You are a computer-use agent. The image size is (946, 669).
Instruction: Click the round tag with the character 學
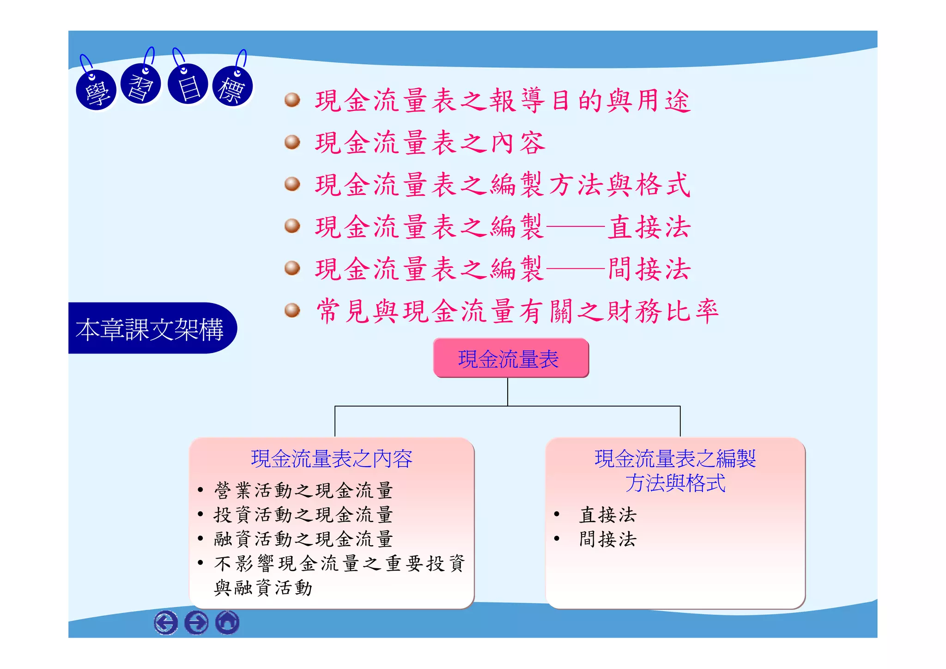click(96, 91)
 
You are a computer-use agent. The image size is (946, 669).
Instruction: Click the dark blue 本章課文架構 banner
click(150, 328)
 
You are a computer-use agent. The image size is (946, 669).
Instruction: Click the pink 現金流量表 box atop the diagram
click(510, 359)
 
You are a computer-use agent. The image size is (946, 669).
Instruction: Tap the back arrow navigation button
click(166, 622)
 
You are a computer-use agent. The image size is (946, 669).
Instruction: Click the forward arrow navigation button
click(196, 622)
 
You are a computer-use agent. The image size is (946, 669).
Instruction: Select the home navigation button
click(227, 622)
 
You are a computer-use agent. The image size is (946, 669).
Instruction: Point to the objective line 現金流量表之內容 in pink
click(430, 143)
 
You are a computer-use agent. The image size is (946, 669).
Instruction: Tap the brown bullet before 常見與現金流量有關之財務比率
click(292, 310)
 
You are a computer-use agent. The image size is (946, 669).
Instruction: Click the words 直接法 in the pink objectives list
click(649, 227)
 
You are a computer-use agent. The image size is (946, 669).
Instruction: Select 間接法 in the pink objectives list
click(649, 269)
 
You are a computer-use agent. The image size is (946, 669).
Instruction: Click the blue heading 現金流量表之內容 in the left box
click(331, 459)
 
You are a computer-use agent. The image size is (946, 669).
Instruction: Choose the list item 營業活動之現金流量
click(303, 490)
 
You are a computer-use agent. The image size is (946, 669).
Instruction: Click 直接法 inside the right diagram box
click(607, 515)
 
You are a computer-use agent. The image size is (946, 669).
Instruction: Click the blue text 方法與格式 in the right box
click(675, 483)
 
